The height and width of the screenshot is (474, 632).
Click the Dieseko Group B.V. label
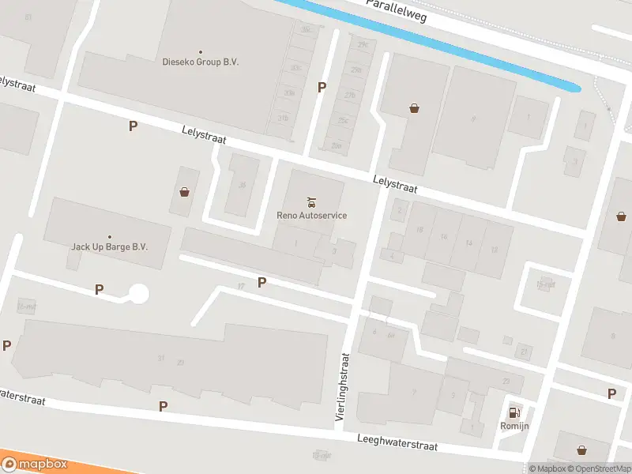point(200,62)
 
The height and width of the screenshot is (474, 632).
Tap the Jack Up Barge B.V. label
point(110,246)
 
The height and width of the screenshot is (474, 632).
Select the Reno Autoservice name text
point(311,215)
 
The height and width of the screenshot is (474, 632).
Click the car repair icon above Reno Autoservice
point(311,201)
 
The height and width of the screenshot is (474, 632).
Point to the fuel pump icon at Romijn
point(515,412)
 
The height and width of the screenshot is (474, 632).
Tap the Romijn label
point(515,426)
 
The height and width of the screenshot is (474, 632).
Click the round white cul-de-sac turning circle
point(139,294)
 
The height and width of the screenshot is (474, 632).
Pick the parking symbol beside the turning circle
point(99,290)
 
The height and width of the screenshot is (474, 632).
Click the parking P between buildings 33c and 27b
point(322,87)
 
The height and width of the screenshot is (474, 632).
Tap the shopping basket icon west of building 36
point(184,191)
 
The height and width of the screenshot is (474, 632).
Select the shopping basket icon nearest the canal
point(414,108)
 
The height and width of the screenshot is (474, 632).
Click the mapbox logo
point(35,465)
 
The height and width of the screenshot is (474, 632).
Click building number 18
point(419,230)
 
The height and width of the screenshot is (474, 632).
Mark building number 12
point(494,250)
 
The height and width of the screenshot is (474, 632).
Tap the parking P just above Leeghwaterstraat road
point(163,406)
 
